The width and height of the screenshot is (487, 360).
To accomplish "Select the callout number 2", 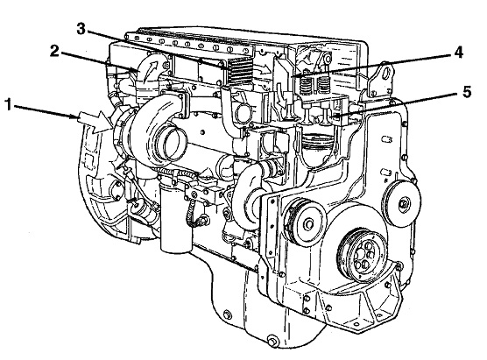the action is click(x=54, y=52).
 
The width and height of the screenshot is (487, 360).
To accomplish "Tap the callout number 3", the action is click(x=81, y=29).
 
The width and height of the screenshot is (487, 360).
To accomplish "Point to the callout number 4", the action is click(x=458, y=53).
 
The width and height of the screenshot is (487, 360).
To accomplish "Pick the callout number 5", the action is click(x=467, y=92).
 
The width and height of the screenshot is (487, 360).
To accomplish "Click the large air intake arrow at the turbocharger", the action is click(x=93, y=122).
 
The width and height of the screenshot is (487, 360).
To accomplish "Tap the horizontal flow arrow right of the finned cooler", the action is click(x=262, y=69).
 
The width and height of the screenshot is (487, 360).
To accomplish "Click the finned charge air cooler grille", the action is click(x=239, y=70).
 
